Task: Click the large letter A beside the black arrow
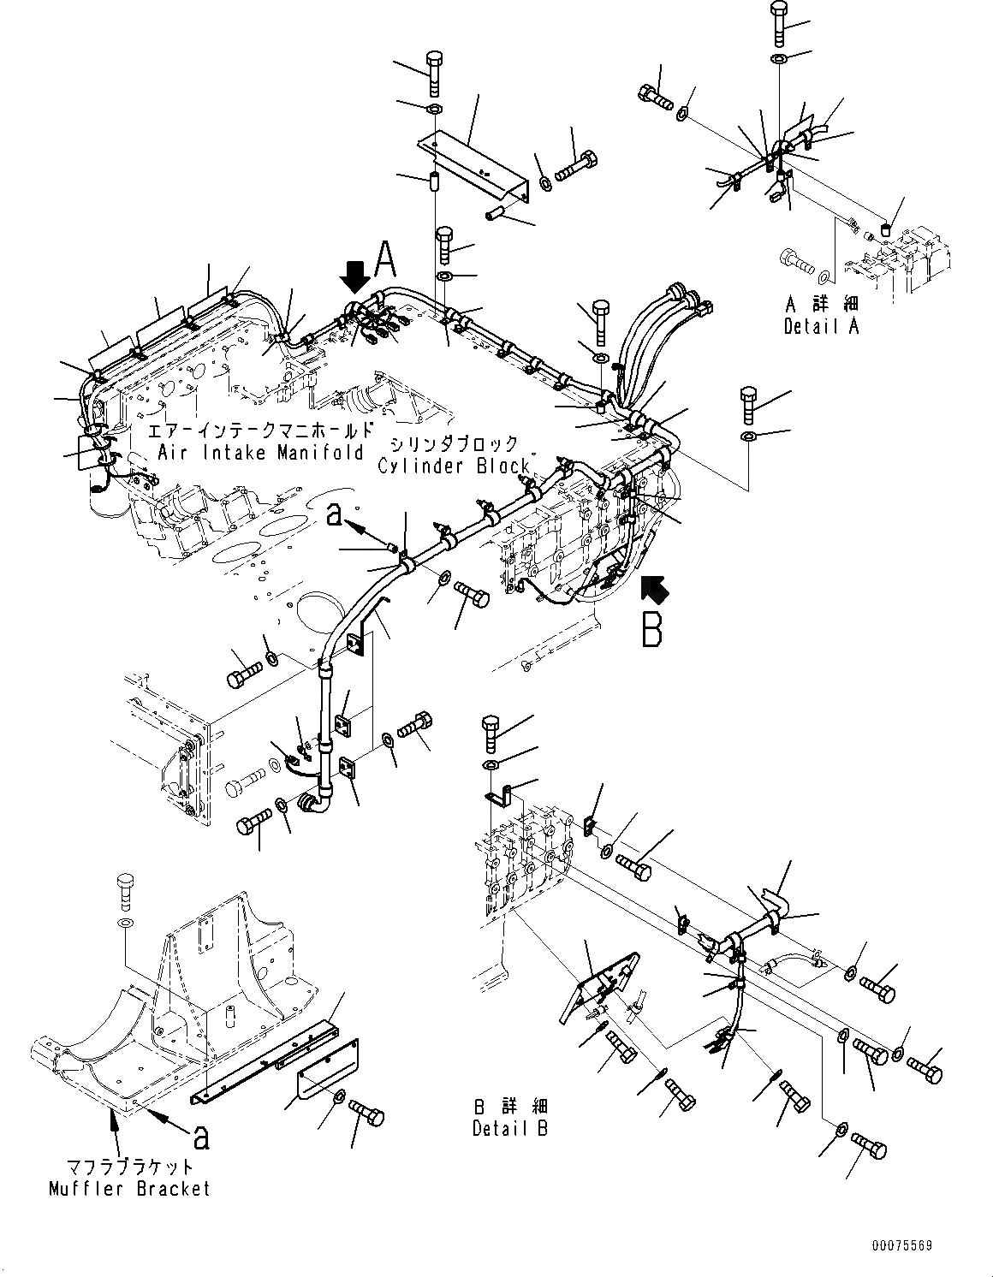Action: [x=385, y=258]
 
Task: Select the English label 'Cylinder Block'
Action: [x=455, y=466]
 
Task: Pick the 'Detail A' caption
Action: [x=820, y=326]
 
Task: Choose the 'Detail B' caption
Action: [x=510, y=1129]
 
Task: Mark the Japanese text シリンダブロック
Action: [x=455, y=444]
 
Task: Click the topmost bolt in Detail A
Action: [x=780, y=21]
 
